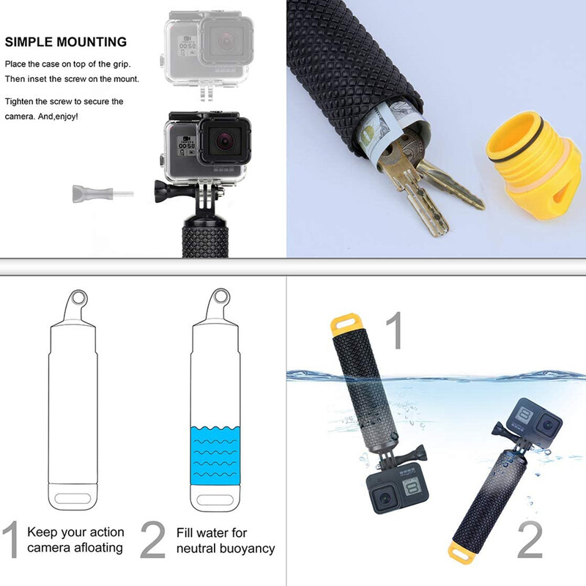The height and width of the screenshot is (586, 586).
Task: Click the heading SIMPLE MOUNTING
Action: click(65, 42)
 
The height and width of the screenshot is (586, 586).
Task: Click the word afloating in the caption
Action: click(93, 548)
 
